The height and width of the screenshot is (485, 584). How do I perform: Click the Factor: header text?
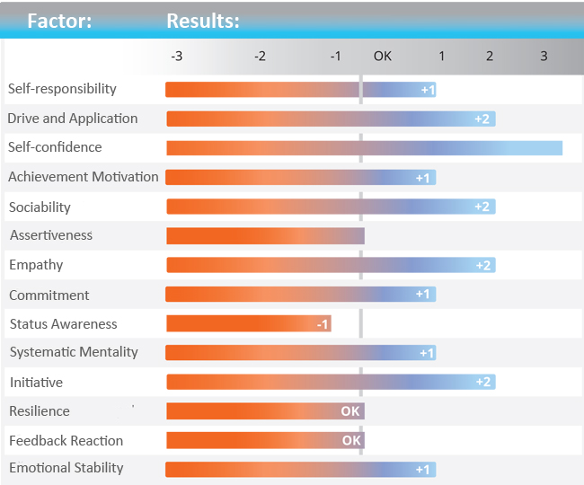(x=59, y=21)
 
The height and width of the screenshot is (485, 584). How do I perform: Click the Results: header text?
(x=203, y=21)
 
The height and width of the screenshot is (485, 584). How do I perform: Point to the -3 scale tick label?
(x=177, y=56)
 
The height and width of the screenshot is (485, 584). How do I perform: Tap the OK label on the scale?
(x=383, y=56)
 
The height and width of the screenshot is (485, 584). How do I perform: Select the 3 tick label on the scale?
(x=544, y=56)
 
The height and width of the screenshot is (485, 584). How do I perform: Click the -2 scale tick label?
(x=260, y=56)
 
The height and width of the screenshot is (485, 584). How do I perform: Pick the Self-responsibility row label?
(x=62, y=89)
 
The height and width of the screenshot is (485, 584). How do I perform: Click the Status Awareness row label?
(x=63, y=324)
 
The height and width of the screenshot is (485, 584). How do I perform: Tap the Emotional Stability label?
(x=66, y=468)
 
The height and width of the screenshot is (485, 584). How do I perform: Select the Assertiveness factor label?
(x=51, y=235)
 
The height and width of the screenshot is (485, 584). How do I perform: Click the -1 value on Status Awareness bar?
(x=322, y=324)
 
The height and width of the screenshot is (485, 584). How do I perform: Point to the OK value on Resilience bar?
(x=350, y=411)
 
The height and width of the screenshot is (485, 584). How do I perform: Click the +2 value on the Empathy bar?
(x=482, y=265)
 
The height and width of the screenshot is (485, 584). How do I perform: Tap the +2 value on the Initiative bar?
(x=482, y=382)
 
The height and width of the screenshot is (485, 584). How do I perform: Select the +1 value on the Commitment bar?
(x=423, y=295)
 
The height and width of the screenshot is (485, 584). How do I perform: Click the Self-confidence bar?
(x=364, y=148)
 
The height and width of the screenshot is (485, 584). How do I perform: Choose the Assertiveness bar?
(x=265, y=236)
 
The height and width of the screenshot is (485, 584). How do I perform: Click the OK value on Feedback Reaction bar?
(x=351, y=441)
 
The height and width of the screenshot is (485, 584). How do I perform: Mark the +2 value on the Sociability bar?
(x=482, y=207)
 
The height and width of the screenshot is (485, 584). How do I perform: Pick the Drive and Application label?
(x=73, y=119)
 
